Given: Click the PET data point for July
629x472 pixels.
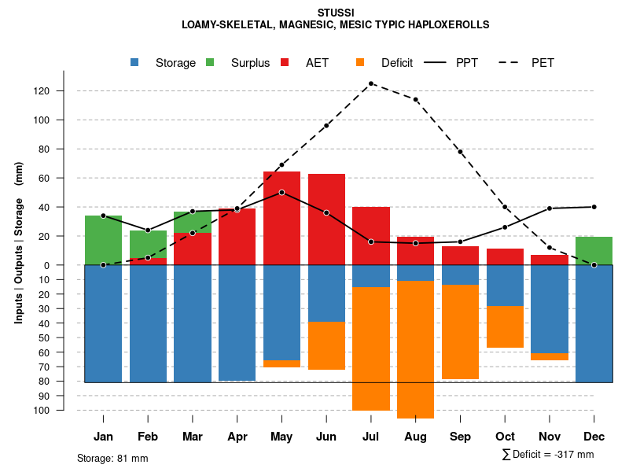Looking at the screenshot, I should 370,83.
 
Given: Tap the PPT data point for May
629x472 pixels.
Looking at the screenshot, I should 281,192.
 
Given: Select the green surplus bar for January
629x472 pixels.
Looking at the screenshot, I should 103,239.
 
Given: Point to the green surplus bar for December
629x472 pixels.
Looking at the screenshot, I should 594,250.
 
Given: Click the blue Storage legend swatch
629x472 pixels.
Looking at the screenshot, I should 136,63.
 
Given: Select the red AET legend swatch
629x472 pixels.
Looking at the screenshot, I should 285,63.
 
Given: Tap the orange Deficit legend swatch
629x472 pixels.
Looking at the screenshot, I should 360,63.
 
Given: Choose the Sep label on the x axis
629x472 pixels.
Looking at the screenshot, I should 460,437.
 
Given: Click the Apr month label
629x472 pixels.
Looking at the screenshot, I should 237,437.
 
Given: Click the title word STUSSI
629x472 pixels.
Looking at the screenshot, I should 336,13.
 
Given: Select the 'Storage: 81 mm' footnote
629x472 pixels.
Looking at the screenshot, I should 112,458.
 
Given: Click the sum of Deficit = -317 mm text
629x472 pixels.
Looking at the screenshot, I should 547,455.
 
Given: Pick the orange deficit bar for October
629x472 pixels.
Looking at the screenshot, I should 505,326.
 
